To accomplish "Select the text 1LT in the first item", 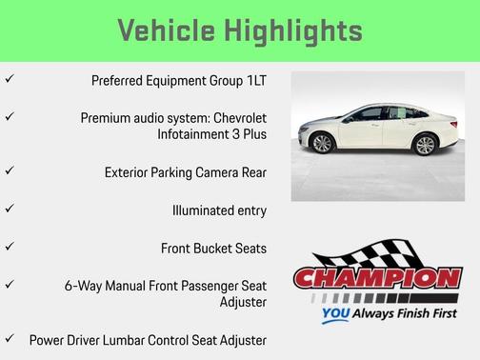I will (254, 81).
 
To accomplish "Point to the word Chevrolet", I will (233, 117).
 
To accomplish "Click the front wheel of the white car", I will (322, 143).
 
